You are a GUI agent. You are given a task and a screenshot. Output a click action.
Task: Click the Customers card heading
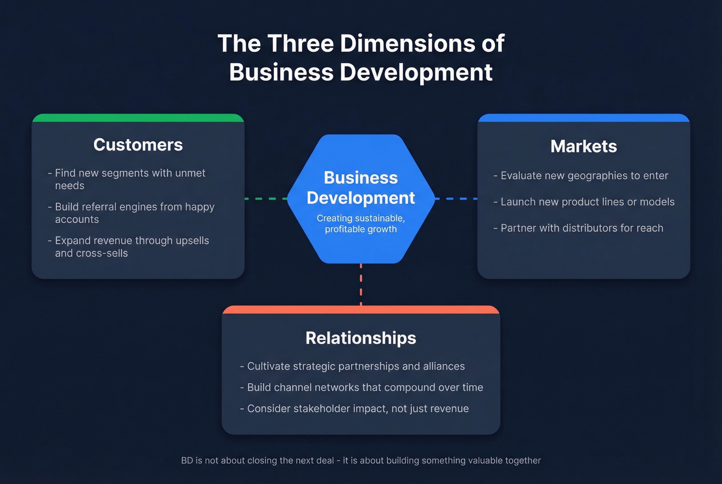pos(138,145)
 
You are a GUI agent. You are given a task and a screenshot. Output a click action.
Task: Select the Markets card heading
pos(583,146)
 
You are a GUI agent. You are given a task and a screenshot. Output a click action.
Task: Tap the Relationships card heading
pos(360,338)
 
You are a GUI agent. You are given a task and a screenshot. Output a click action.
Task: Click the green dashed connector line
pos(266,198)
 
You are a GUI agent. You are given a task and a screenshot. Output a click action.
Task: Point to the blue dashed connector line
pos(456,198)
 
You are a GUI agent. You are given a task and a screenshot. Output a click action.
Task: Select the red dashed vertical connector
pos(360,285)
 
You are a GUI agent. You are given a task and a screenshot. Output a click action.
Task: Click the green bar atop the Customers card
pos(138,118)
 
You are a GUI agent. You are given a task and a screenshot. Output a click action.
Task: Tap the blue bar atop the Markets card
pos(583,118)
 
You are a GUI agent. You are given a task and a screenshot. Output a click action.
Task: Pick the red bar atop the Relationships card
pos(360,310)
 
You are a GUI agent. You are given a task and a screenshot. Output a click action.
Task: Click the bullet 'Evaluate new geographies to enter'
pos(581,176)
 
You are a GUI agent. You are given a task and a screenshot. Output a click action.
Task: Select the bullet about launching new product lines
pos(584,202)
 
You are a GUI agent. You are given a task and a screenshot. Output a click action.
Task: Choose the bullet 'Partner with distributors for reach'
pos(578,228)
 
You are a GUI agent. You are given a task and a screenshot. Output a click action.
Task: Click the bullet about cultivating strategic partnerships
pos(352,366)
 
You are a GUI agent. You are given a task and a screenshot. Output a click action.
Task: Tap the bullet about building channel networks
pos(362,388)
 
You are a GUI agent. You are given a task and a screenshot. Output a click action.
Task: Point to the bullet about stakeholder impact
pos(354,409)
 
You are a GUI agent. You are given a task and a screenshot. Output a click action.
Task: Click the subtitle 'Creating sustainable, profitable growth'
pos(360,224)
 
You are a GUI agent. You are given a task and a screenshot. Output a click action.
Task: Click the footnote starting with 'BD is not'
pos(360,461)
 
